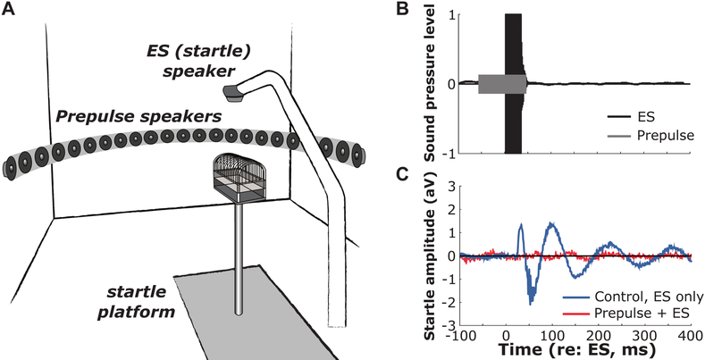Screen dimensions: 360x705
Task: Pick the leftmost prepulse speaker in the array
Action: [x=13, y=165]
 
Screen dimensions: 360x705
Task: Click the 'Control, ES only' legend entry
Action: [x=632, y=297]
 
